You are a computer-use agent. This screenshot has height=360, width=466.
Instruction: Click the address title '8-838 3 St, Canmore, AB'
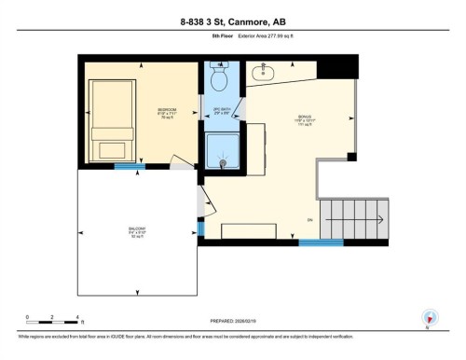click(x=232, y=19)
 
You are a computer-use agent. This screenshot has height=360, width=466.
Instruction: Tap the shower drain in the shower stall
click(x=224, y=162)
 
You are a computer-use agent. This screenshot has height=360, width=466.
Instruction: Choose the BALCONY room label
click(x=136, y=230)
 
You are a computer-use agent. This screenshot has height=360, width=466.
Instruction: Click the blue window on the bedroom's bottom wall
click(x=124, y=167)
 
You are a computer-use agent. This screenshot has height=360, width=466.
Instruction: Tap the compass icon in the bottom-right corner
click(x=429, y=317)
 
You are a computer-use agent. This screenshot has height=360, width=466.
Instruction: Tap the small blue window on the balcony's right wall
click(x=200, y=228)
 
